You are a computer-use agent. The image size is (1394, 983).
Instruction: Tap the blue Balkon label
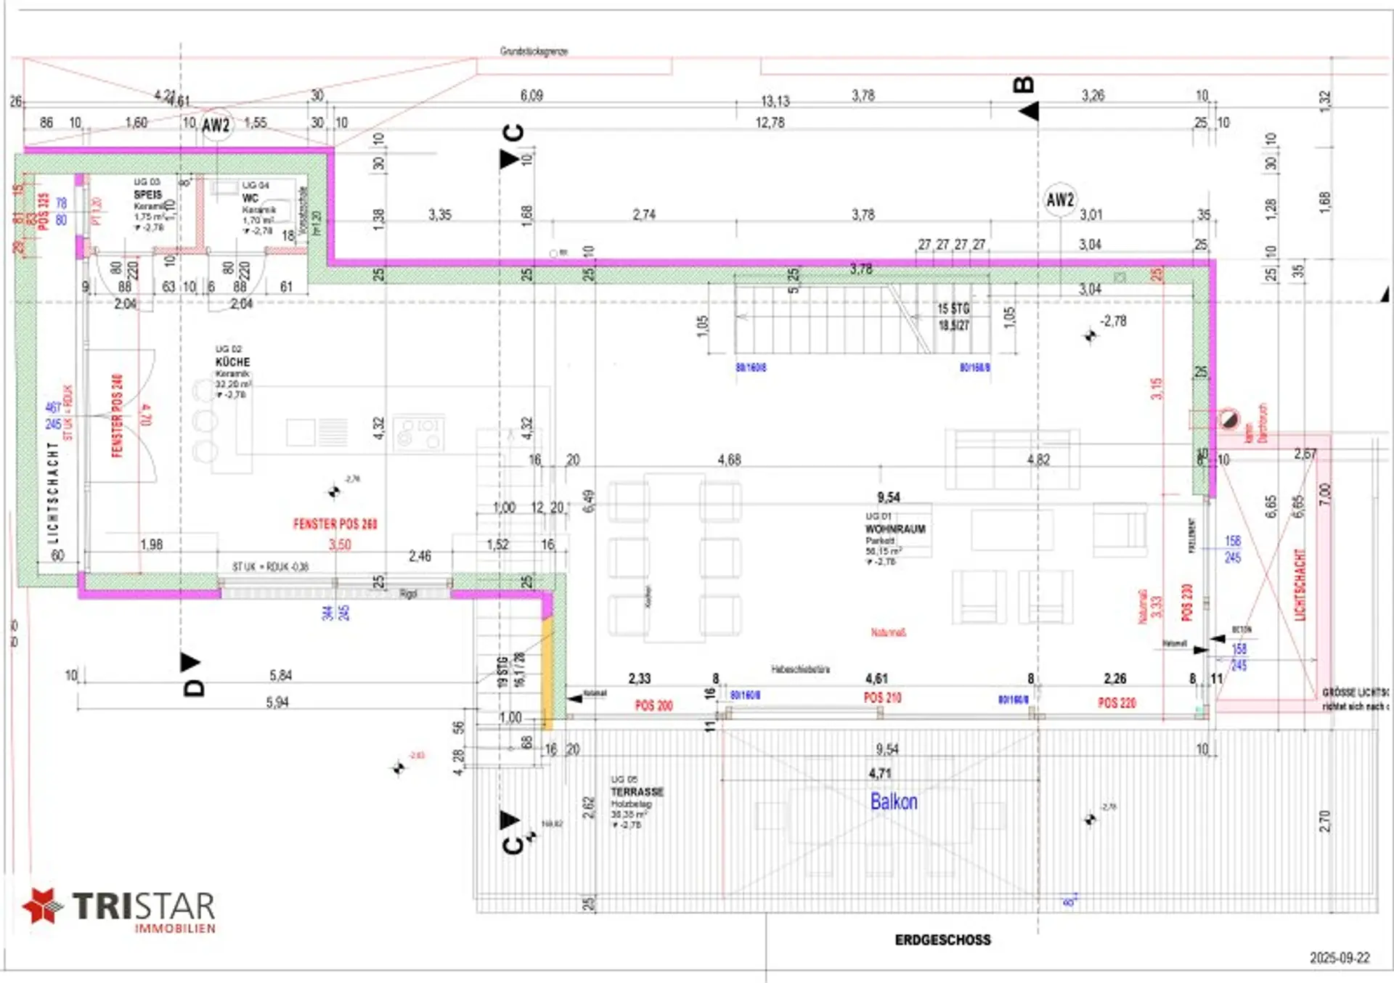[894, 802]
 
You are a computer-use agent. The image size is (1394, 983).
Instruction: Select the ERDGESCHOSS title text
[942, 939]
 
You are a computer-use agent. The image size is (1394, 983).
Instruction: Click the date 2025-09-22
[1340, 958]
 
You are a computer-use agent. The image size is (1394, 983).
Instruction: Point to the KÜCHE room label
[232, 362]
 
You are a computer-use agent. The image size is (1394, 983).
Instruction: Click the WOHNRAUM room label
[895, 529]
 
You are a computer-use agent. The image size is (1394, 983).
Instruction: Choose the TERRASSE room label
[637, 791]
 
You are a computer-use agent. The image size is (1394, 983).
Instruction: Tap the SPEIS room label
[147, 195]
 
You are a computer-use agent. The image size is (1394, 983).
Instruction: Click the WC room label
[250, 197]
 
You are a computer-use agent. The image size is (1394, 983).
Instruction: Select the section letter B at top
[1023, 85]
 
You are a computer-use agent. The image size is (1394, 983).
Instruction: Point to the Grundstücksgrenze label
[534, 51]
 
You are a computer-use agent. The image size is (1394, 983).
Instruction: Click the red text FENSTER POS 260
[335, 523]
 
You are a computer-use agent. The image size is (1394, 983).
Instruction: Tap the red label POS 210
[882, 698]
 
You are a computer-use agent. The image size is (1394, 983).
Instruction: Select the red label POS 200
[653, 705]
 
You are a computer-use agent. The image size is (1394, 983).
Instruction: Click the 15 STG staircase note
[953, 309]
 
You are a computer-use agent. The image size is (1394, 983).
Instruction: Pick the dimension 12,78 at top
[770, 123]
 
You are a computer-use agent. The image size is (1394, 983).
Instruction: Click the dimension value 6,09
[531, 95]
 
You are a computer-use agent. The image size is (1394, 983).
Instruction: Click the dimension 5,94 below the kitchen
[277, 702]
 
